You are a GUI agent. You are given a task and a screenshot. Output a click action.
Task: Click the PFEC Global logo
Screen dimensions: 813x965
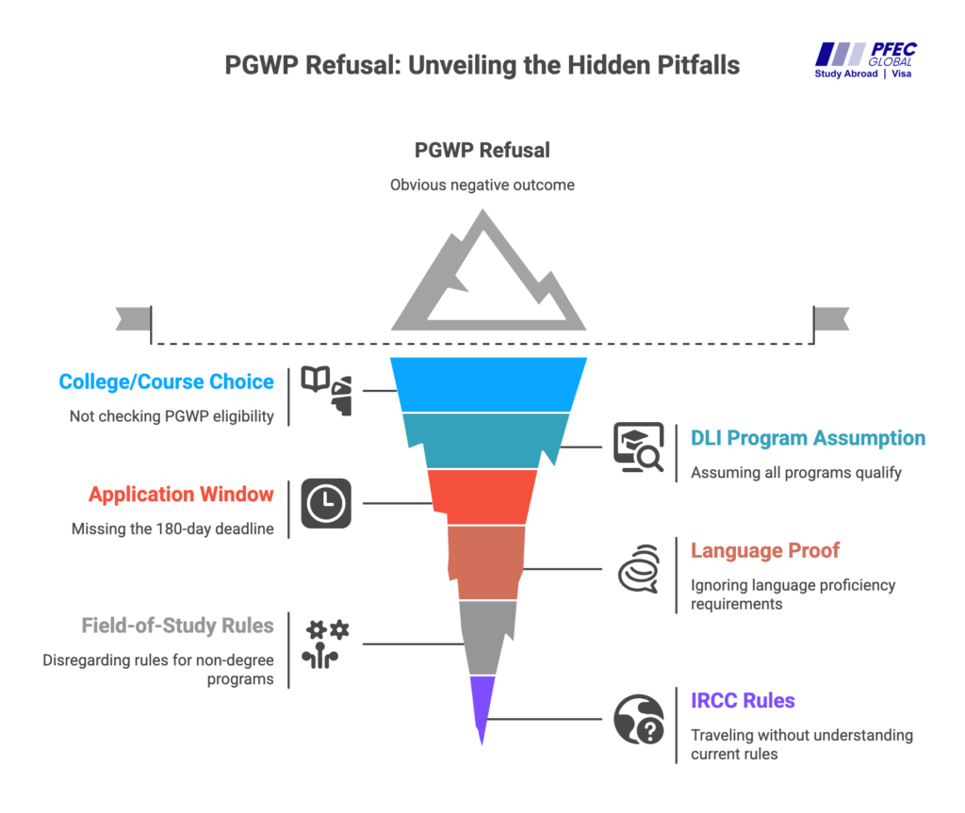pos(865,60)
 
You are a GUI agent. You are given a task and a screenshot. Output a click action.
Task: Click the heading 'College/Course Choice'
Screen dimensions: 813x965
pos(166,382)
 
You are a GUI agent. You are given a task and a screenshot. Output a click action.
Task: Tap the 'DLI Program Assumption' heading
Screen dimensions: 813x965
pos(808,438)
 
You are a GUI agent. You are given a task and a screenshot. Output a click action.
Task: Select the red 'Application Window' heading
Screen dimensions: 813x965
pos(181,494)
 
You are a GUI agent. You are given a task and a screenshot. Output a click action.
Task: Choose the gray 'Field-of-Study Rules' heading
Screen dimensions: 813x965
pos(177,625)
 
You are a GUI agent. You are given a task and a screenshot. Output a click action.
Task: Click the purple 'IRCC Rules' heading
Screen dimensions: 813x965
pos(743,700)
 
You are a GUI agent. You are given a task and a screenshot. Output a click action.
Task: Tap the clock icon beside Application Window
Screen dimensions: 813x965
pos(325,503)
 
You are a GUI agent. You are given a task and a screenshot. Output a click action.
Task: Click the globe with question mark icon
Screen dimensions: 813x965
pos(638,720)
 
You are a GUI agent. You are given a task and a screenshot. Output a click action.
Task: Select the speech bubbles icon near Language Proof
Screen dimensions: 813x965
pos(638,569)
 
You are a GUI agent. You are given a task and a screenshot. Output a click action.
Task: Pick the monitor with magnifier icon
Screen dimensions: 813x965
pos(638,447)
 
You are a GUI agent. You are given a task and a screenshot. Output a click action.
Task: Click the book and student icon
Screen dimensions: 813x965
pos(325,390)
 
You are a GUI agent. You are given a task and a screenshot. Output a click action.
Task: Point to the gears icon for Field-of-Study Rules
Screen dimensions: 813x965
pos(325,643)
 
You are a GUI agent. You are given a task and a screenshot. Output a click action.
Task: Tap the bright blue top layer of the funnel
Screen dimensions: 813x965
pos(488,384)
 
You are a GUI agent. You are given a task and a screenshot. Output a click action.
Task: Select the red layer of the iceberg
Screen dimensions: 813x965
pos(482,496)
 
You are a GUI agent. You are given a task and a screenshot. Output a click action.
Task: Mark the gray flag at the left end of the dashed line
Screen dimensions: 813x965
pos(133,318)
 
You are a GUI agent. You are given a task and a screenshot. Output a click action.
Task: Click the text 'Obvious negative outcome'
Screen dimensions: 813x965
pos(482,185)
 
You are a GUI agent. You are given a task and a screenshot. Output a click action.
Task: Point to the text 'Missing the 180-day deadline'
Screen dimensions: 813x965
pos(172,528)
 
